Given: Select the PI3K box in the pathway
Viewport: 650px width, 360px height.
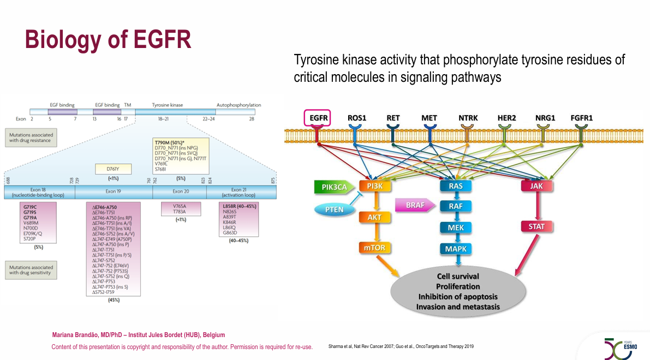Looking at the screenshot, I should (374, 186).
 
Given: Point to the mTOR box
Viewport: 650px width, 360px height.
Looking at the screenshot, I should (374, 248).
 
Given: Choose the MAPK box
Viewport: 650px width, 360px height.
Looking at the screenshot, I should (456, 249).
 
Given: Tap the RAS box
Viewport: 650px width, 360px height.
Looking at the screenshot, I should (456, 186).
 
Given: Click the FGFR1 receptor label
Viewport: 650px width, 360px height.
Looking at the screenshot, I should (581, 117).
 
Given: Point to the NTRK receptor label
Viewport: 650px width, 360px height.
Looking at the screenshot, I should (468, 117).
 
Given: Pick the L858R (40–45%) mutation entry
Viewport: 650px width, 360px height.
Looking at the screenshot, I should (240, 206).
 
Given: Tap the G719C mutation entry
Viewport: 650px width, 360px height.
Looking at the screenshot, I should (30, 207).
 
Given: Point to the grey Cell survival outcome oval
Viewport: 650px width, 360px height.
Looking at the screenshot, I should (458, 291).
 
